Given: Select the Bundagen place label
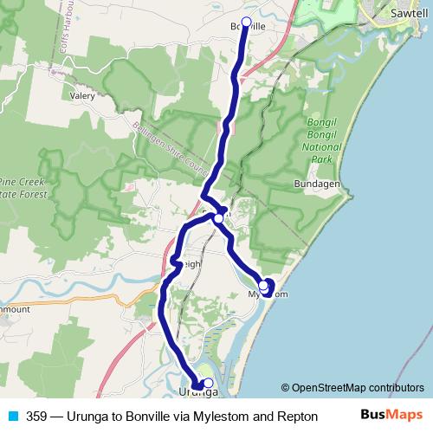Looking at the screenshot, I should pyautogui.click(x=317, y=185).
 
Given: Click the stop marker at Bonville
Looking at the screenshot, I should pyautogui.click(x=246, y=23).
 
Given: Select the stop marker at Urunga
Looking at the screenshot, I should pyautogui.click(x=208, y=382).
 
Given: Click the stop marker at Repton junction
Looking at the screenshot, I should pyautogui.click(x=219, y=219).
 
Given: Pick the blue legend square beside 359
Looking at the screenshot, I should pyautogui.click(x=12, y=416).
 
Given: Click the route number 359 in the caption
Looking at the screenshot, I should pyautogui.click(x=37, y=416).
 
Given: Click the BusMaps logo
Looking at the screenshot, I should pyautogui.click(x=392, y=415).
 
